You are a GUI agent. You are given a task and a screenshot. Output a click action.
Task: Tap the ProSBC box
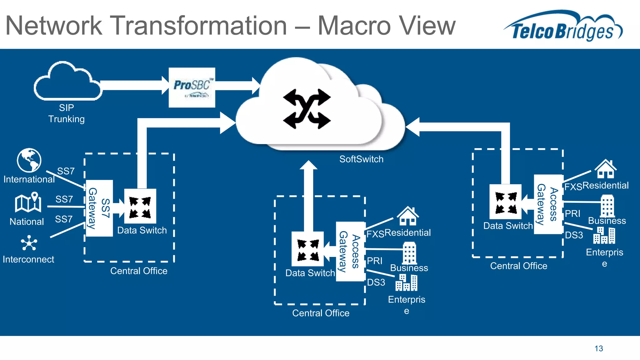(192, 87)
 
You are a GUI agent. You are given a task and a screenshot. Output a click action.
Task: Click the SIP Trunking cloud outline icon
(67, 82)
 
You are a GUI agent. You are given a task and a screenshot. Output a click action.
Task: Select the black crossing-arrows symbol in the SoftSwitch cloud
(307, 109)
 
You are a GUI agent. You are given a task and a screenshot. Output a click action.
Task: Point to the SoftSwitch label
(361, 159)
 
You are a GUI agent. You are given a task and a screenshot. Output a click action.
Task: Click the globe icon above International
(29, 160)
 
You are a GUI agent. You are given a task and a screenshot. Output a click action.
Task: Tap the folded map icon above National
(28, 202)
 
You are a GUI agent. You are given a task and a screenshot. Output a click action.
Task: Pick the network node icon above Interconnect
(29, 243)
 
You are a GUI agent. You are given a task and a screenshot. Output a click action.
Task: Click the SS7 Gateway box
(99, 208)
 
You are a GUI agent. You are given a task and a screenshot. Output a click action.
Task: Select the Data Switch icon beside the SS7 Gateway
(140, 206)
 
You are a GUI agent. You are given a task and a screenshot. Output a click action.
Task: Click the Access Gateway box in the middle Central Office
(350, 252)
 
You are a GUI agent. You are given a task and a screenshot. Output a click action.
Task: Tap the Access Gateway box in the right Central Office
(548, 204)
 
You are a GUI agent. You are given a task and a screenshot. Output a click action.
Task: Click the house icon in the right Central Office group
(605, 169)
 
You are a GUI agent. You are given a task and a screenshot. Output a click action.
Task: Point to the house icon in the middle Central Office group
(408, 216)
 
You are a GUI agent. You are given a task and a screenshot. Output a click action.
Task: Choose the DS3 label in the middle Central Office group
(376, 282)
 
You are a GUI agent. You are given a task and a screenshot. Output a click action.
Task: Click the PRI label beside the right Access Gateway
(572, 213)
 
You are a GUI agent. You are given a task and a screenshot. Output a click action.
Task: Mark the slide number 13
(598, 348)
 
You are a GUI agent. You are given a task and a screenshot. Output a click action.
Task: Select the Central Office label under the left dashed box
(139, 271)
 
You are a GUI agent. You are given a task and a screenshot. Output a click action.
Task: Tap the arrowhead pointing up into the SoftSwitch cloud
(308, 165)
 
